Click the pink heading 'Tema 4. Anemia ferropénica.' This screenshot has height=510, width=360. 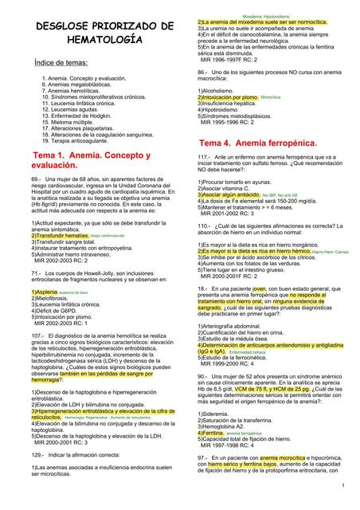(x=257, y=142)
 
